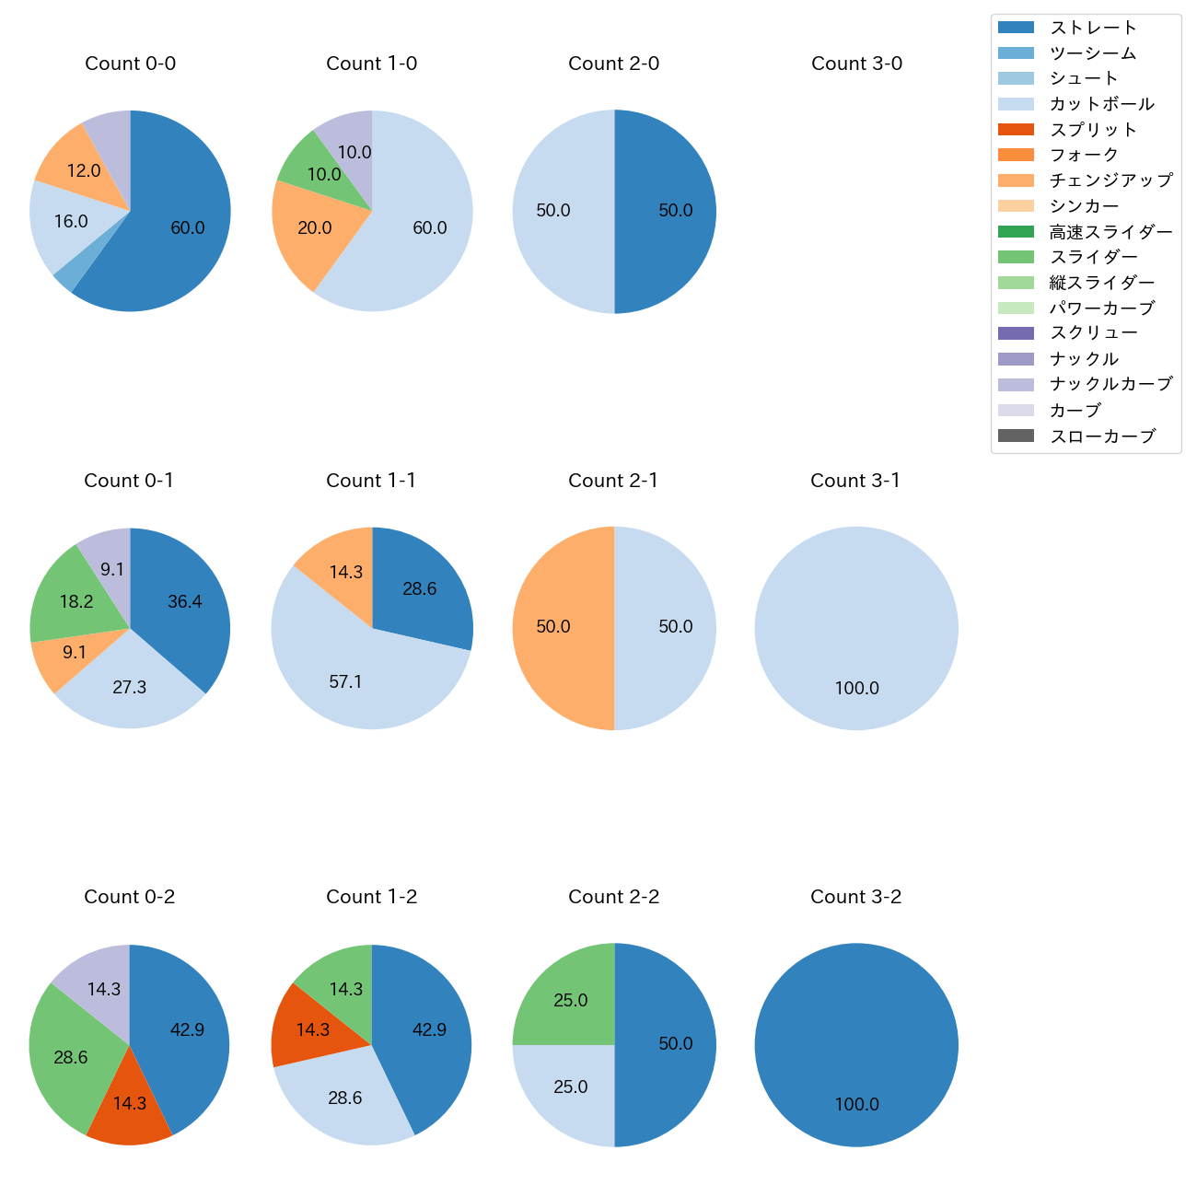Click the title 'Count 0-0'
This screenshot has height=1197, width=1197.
(x=130, y=64)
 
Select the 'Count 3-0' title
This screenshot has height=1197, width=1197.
(x=856, y=64)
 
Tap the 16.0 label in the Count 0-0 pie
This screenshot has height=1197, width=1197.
(x=71, y=222)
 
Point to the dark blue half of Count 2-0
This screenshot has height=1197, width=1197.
(x=668, y=211)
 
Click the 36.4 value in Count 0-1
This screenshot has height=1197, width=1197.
(x=185, y=602)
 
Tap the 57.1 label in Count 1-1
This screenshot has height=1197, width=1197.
(x=345, y=682)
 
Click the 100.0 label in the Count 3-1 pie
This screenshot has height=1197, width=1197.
(x=856, y=689)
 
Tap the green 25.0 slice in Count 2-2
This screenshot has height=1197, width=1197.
(x=566, y=999)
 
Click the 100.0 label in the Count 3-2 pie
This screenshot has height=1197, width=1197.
(x=856, y=1105)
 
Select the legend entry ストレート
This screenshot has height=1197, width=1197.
(x=1094, y=28)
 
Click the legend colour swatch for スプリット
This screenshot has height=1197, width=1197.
(x=1016, y=130)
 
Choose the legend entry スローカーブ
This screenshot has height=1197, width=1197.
(x=1102, y=436)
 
